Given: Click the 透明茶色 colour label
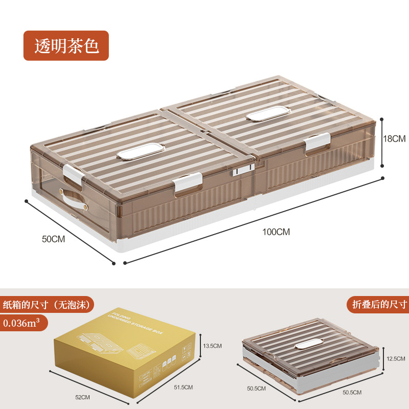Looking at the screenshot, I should coord(66,46).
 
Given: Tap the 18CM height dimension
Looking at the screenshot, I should coord(394,139).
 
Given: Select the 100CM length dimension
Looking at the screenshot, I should coord(276,232).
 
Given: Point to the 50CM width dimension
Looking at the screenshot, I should coord(53,239).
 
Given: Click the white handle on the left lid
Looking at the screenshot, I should coord(138,151).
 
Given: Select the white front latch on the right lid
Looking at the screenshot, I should coord(318,143).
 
